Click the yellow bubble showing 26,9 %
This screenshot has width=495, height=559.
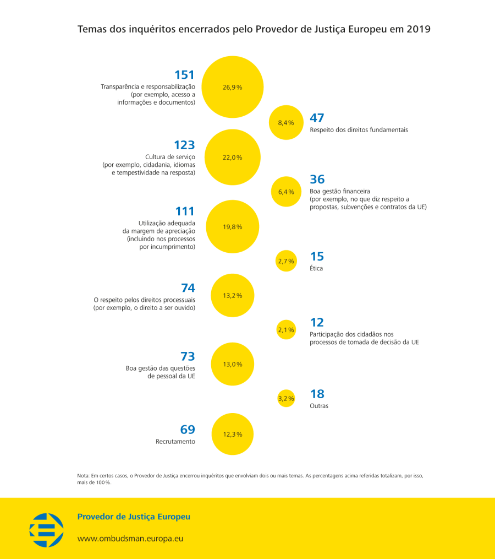coord(233,87)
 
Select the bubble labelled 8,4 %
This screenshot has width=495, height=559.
coord(286,122)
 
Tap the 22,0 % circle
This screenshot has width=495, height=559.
coord(233,157)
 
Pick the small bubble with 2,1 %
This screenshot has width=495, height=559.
coord(286,330)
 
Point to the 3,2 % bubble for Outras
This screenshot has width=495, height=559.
coord(286,398)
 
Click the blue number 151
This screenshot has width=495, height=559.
coord(184,75)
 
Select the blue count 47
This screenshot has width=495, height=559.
coord(317,118)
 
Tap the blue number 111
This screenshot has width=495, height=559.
coord(185,211)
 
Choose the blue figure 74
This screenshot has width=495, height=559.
coord(188,287)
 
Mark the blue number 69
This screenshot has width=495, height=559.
coord(188,430)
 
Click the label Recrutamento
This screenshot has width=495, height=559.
coord(175,441)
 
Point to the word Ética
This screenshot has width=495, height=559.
coord(316,268)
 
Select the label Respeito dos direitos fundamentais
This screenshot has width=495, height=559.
coord(359,130)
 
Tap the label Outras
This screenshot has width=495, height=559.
coord(319,406)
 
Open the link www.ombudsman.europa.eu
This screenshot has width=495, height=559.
coord(130,538)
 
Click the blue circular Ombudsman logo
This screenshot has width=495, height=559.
coord(46,530)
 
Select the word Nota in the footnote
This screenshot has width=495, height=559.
coord(83,476)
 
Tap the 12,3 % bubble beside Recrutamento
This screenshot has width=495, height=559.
coord(233,434)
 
